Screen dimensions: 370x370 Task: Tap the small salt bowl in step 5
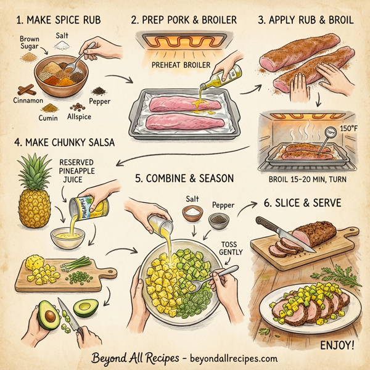click(x=191, y=213)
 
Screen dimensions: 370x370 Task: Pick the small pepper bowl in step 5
click(x=218, y=219)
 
